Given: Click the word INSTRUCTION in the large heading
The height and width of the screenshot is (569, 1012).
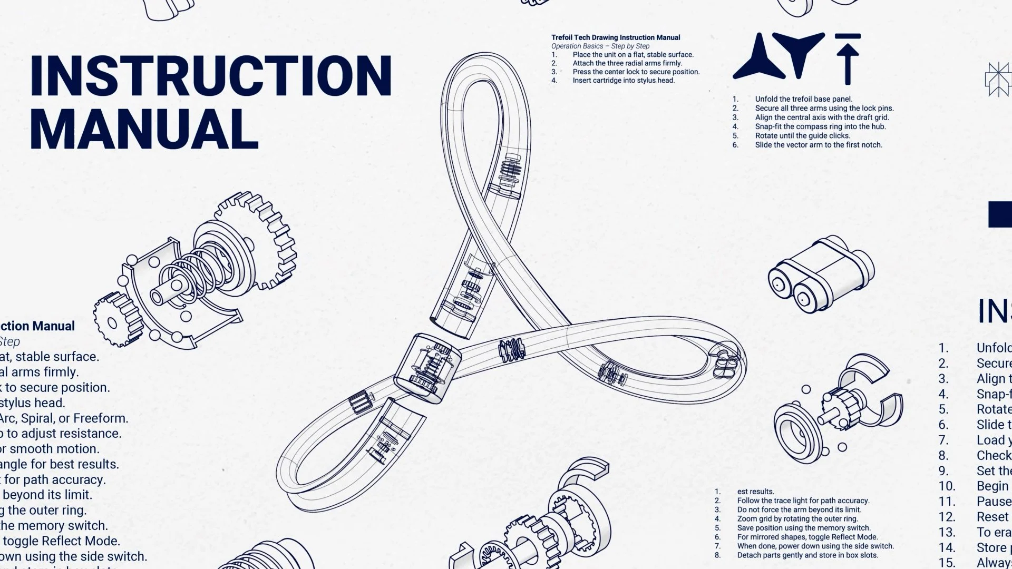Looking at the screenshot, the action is click(x=211, y=75).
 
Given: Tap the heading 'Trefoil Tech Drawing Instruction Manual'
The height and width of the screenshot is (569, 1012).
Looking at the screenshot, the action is click(x=615, y=37).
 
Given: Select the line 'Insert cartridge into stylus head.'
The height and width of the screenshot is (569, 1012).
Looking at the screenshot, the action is click(x=624, y=81).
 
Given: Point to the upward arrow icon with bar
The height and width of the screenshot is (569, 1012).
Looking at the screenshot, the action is click(x=848, y=58).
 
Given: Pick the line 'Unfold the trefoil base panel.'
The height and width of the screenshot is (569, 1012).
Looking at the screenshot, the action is click(x=803, y=99).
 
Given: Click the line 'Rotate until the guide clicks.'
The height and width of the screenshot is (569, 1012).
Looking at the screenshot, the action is click(x=802, y=136).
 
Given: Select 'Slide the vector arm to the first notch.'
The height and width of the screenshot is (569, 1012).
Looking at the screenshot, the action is click(x=818, y=145).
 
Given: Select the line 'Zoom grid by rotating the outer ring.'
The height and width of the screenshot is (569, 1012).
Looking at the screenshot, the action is click(x=797, y=519).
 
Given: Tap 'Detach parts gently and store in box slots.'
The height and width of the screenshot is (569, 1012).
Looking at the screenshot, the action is click(x=807, y=555).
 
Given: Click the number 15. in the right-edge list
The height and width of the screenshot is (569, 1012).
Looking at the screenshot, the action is click(x=947, y=563).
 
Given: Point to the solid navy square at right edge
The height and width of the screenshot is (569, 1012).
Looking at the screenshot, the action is click(x=999, y=214).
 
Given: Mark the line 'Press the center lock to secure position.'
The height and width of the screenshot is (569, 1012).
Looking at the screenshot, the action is click(x=636, y=72).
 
